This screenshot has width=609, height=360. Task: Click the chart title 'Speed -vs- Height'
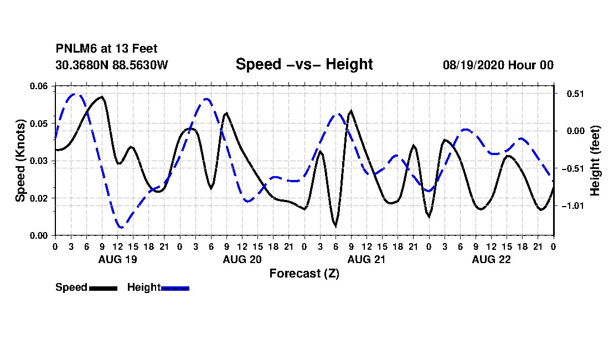point(304,64)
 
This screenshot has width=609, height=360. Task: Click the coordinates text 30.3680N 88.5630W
point(112,65)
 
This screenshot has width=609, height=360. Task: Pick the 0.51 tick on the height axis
point(575,94)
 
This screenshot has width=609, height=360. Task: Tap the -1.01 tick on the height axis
point(573,206)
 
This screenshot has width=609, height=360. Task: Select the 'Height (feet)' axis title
point(595,161)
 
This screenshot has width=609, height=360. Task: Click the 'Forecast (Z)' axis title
point(304,274)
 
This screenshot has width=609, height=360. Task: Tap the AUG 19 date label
point(118,259)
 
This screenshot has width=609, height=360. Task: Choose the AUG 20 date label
point(242,259)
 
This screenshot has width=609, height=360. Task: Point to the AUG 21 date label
point(367,259)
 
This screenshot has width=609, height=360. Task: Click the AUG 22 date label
point(491,259)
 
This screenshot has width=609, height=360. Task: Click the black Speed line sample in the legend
point(104,288)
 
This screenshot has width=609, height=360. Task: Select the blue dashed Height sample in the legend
point(175,288)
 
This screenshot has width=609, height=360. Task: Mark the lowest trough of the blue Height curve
point(121,227)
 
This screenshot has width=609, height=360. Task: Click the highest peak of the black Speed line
point(102,96)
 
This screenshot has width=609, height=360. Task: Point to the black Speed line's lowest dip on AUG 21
point(335,226)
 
